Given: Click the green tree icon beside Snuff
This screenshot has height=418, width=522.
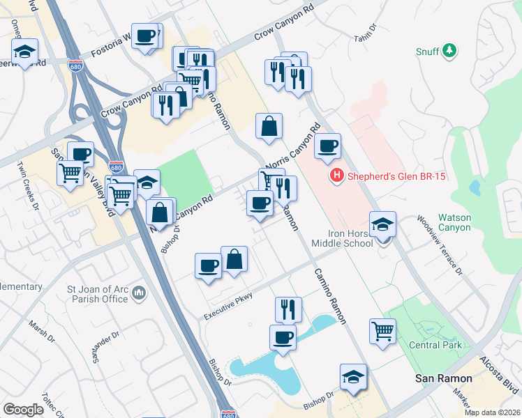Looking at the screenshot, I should pos(451,51).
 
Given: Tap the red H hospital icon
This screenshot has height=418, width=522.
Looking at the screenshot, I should pos(338,176).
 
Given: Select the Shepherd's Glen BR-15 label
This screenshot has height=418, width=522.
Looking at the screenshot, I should pos(396,176).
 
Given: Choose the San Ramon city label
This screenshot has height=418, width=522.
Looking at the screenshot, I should pos(444,378).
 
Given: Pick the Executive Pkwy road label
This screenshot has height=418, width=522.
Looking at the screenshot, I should pos(228,305).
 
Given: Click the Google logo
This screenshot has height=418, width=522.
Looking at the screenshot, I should pos(23,410).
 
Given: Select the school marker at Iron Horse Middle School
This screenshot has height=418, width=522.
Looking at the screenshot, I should pos(382,224).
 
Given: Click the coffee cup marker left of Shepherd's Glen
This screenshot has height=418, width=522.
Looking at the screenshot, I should pos(327,146).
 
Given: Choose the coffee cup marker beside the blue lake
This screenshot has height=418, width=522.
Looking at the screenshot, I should pos(283,337).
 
